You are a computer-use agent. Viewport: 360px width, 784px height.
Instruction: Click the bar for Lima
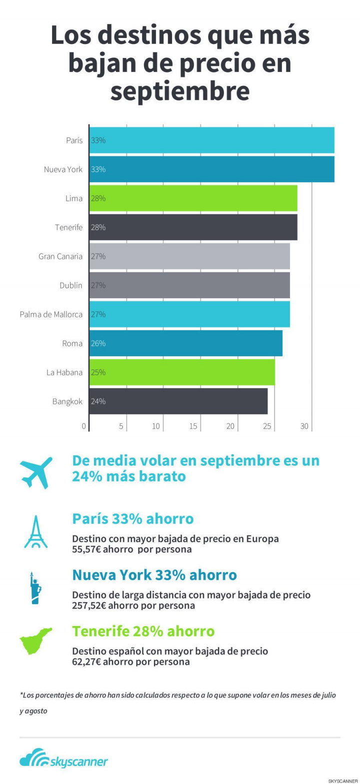(193, 198)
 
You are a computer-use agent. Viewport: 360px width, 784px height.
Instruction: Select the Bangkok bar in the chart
(178, 401)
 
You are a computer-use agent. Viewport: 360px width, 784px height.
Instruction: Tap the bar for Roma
(185, 343)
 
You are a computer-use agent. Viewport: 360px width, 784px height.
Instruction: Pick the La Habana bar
(182, 372)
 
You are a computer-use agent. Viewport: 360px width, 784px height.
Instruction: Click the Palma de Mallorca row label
(51, 314)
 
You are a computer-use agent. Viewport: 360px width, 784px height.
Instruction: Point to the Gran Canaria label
(60, 256)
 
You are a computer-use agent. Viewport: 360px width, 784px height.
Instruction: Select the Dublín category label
(71, 285)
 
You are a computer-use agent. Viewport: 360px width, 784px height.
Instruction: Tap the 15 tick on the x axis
(193, 426)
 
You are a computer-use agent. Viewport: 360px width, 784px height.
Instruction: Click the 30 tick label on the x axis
(304, 426)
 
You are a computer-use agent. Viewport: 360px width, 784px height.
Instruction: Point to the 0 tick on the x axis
(84, 426)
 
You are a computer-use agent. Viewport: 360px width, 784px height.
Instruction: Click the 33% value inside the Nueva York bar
(98, 169)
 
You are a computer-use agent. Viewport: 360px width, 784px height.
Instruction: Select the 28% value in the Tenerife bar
(98, 227)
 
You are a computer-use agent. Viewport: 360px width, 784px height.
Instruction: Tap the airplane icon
(36, 472)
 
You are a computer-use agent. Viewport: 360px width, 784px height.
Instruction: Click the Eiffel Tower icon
(36, 532)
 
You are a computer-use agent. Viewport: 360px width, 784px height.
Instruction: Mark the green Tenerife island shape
(35, 642)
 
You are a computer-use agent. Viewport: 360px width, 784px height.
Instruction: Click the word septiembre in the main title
(180, 91)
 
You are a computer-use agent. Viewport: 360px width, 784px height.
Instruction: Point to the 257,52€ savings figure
(88, 606)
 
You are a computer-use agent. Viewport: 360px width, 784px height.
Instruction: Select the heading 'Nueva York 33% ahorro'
(154, 575)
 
